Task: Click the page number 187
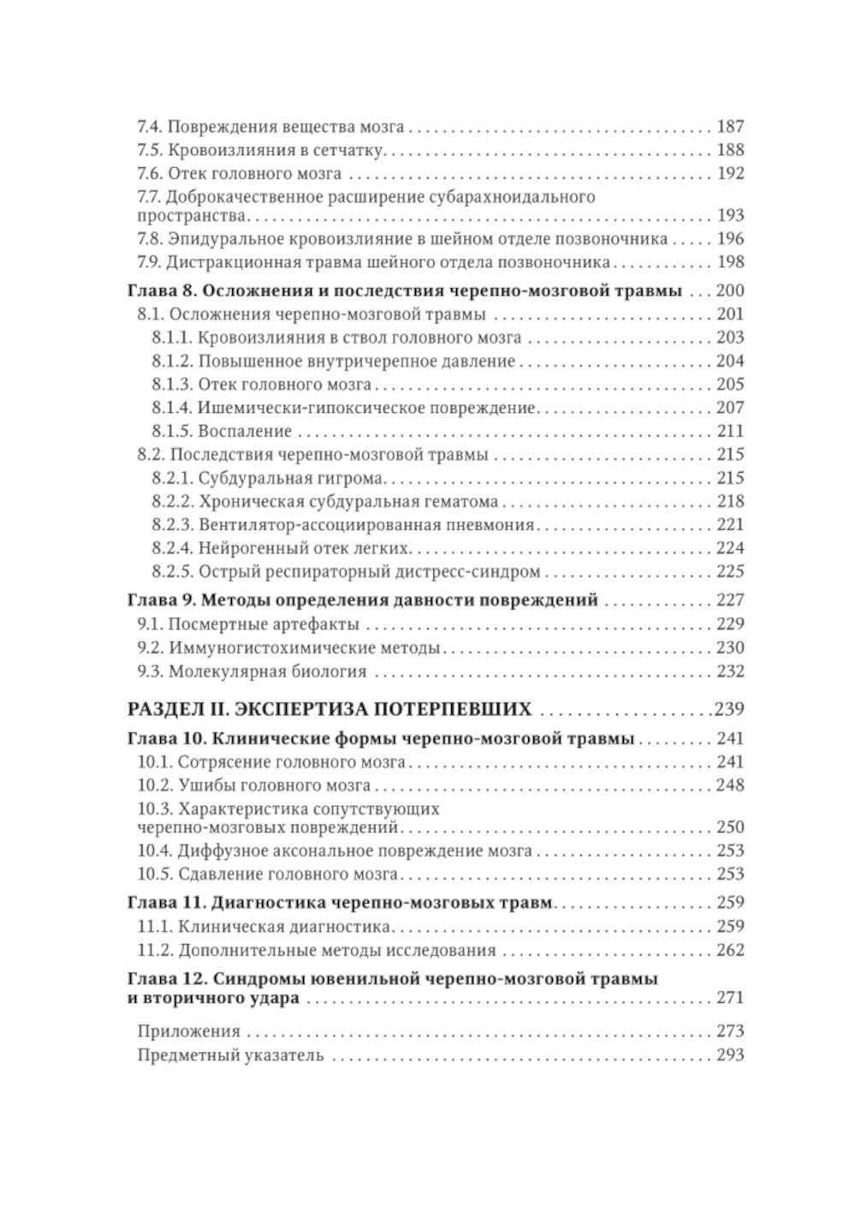pyautogui.click(x=730, y=127)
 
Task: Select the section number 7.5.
pyautogui.click(x=150, y=150)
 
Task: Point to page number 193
pyautogui.click(x=730, y=215)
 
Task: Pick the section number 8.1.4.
pyautogui.click(x=172, y=408)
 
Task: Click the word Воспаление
pyautogui.click(x=245, y=431)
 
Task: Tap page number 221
pyautogui.click(x=730, y=524)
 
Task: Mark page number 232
pyautogui.click(x=730, y=671)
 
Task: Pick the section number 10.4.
pyautogui.click(x=155, y=851)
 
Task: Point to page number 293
pyautogui.click(x=730, y=1055)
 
